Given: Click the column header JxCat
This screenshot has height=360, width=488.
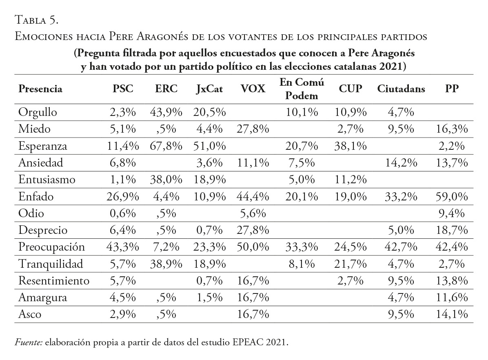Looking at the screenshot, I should click(x=209, y=89).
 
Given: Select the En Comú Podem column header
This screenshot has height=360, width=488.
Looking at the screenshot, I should click(x=302, y=89).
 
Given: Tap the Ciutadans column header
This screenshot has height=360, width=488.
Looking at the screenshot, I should click(x=401, y=89).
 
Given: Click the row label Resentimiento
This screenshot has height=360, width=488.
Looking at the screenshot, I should click(x=54, y=280).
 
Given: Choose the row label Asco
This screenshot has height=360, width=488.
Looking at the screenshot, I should click(x=30, y=314).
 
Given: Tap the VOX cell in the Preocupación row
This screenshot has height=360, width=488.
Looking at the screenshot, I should click(x=253, y=247).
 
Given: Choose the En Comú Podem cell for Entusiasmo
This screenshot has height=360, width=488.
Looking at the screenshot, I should click(x=302, y=180).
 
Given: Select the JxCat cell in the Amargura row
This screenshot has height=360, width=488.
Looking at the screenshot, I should click(x=211, y=297).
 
